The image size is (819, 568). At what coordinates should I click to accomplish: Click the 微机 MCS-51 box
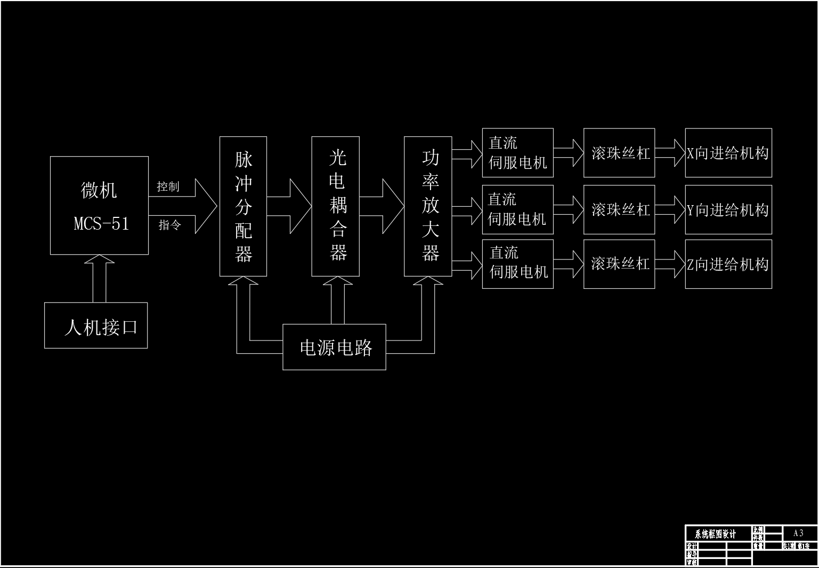point(99,205)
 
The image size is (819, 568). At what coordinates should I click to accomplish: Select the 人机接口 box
point(96,326)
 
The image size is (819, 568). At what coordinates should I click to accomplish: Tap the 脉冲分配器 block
point(243,206)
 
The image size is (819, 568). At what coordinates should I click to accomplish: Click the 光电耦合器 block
point(335,206)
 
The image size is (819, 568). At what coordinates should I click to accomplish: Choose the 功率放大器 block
point(428,206)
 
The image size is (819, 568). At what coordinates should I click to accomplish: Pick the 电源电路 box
point(334,347)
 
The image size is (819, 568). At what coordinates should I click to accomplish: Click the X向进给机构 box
point(728,153)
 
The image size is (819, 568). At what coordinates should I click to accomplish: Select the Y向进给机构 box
point(728,209)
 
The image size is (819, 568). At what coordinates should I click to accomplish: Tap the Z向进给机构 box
point(728,264)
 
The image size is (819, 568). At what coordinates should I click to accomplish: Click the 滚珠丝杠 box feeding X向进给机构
point(619,153)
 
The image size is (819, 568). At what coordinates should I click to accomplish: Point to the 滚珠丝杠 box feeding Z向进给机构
point(619,264)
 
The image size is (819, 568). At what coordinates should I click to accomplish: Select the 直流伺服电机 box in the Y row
point(517,209)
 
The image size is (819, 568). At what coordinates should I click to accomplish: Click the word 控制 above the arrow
point(168,186)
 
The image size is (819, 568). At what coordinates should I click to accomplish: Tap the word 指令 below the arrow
point(170,225)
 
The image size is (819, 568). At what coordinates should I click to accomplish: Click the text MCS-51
point(101,223)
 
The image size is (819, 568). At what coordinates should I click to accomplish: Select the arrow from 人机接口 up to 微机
point(100,278)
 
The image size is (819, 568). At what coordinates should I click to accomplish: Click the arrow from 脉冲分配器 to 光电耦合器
point(289,206)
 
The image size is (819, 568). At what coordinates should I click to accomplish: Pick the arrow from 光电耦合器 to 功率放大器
point(382,206)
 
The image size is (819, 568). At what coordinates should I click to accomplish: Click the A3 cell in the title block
point(798,533)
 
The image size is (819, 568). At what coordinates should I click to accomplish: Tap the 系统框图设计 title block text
point(715,534)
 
